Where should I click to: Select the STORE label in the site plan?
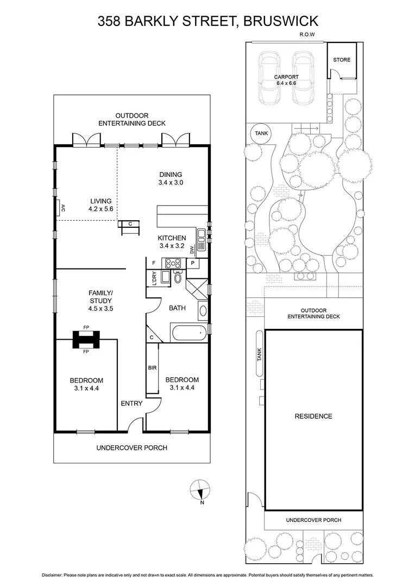pyautogui.click(x=342, y=60)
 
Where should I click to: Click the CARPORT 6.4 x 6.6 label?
pyautogui.click(x=286, y=80)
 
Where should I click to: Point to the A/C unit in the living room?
pyautogui.click(x=57, y=207)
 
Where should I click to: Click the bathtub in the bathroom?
pyautogui.click(x=188, y=333)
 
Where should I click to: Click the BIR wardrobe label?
pyautogui.click(x=152, y=367)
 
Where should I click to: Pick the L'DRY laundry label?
pyautogui.click(x=154, y=278)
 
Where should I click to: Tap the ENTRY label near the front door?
pyautogui.click(x=131, y=403)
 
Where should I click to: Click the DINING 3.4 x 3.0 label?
pyautogui.click(x=171, y=179)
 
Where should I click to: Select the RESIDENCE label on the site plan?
pyautogui.click(x=313, y=416)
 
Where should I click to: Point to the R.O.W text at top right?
pyautogui.click(x=307, y=35)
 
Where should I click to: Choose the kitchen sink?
pyautogui.click(x=201, y=234)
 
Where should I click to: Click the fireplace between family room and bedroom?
pyautogui.click(x=86, y=340)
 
